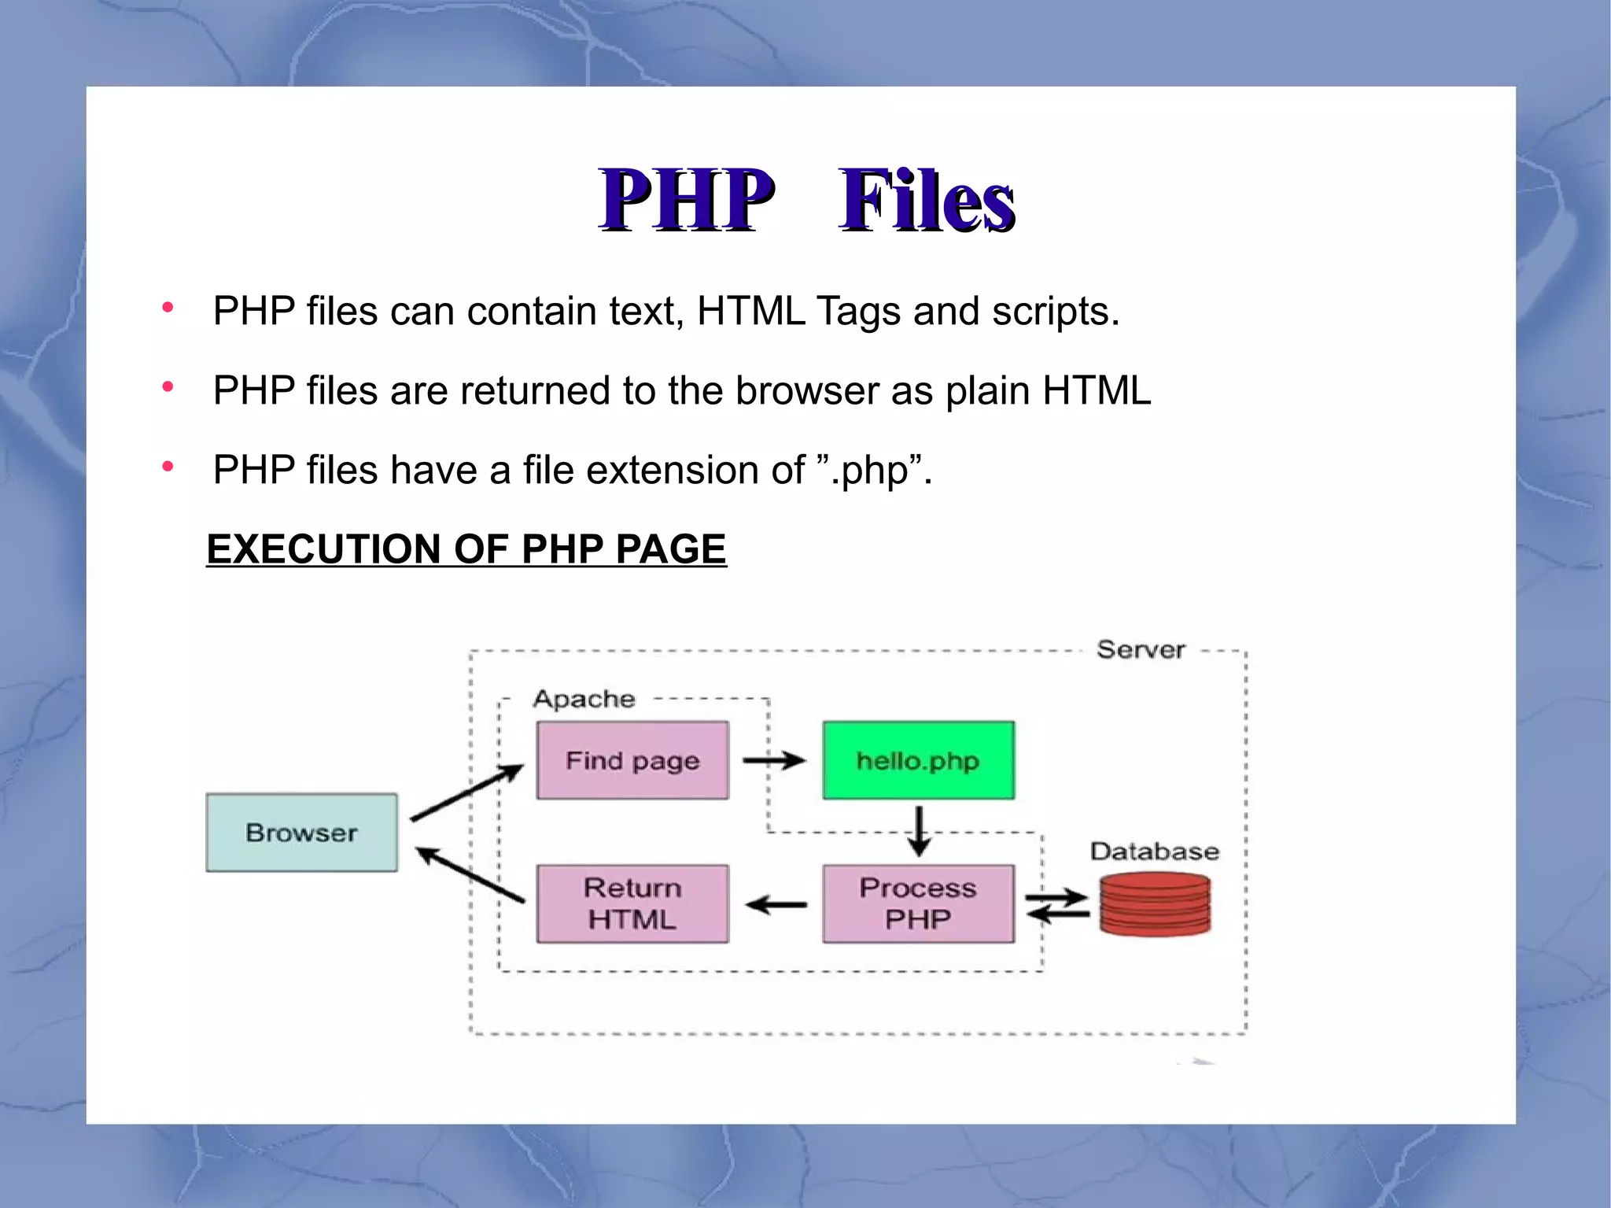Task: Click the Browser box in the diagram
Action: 301,832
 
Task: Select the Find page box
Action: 632,760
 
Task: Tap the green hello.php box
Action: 918,760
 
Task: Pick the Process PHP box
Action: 918,903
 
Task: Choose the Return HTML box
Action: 632,903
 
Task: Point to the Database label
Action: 1154,851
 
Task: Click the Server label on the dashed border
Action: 1141,650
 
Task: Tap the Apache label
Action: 584,699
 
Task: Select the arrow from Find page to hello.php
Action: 774,760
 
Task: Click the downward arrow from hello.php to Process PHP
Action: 918,831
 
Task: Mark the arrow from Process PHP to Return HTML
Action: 776,905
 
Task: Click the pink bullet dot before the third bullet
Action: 168,467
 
